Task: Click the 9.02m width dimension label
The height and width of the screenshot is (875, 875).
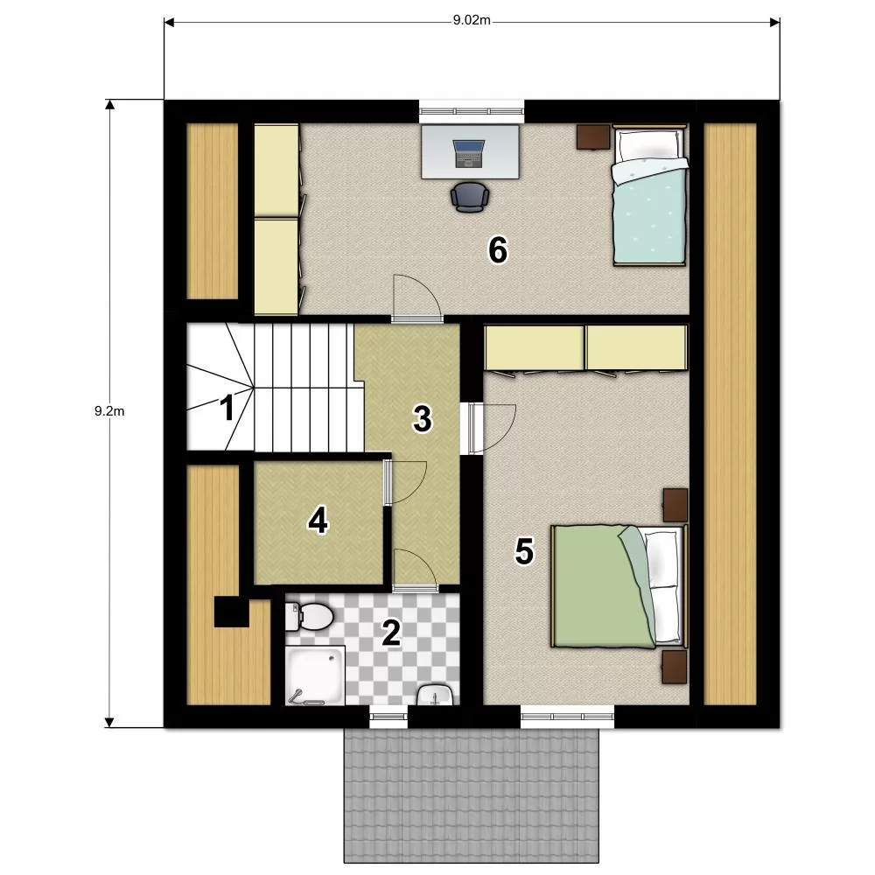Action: pyautogui.click(x=472, y=21)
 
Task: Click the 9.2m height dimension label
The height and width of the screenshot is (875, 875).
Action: pyautogui.click(x=109, y=411)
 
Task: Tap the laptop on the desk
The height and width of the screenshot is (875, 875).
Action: pyautogui.click(x=469, y=153)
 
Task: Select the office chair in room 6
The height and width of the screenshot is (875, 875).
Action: pyautogui.click(x=470, y=197)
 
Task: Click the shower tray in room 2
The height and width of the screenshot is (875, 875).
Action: pyautogui.click(x=315, y=675)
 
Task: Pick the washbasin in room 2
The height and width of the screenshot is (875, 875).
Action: pyautogui.click(x=435, y=695)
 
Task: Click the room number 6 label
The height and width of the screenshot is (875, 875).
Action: pyautogui.click(x=498, y=249)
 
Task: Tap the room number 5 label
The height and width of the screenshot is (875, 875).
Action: pyautogui.click(x=524, y=551)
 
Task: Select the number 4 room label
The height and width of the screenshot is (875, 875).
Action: pyautogui.click(x=318, y=521)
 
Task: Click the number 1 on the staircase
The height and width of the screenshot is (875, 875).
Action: pyautogui.click(x=227, y=408)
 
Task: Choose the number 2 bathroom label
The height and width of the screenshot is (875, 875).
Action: pyautogui.click(x=390, y=633)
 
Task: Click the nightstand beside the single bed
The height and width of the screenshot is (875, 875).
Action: pyautogui.click(x=594, y=136)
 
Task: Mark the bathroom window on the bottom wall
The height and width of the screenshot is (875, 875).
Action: pyautogui.click(x=389, y=717)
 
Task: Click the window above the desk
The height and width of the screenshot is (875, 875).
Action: pyautogui.click(x=472, y=111)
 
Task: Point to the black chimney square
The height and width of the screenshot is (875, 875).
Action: pyautogui.click(x=232, y=612)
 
